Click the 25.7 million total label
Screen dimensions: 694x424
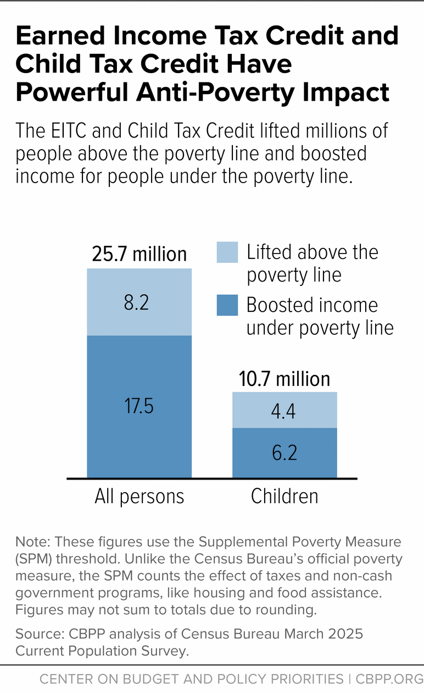[140, 254]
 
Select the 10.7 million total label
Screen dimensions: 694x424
[284, 379]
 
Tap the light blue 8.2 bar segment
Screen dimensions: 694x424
[140, 302]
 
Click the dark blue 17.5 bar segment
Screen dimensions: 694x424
[140, 406]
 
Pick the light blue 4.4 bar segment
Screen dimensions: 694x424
[284, 410]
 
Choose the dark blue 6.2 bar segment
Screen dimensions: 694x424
[284, 452]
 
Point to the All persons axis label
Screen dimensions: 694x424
[140, 496]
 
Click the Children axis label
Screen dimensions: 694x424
[284, 496]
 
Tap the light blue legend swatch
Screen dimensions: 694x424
[227, 252]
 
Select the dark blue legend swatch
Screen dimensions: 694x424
[227, 305]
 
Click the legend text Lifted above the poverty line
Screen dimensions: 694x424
[312, 263]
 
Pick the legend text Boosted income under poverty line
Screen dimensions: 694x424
[320, 316]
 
